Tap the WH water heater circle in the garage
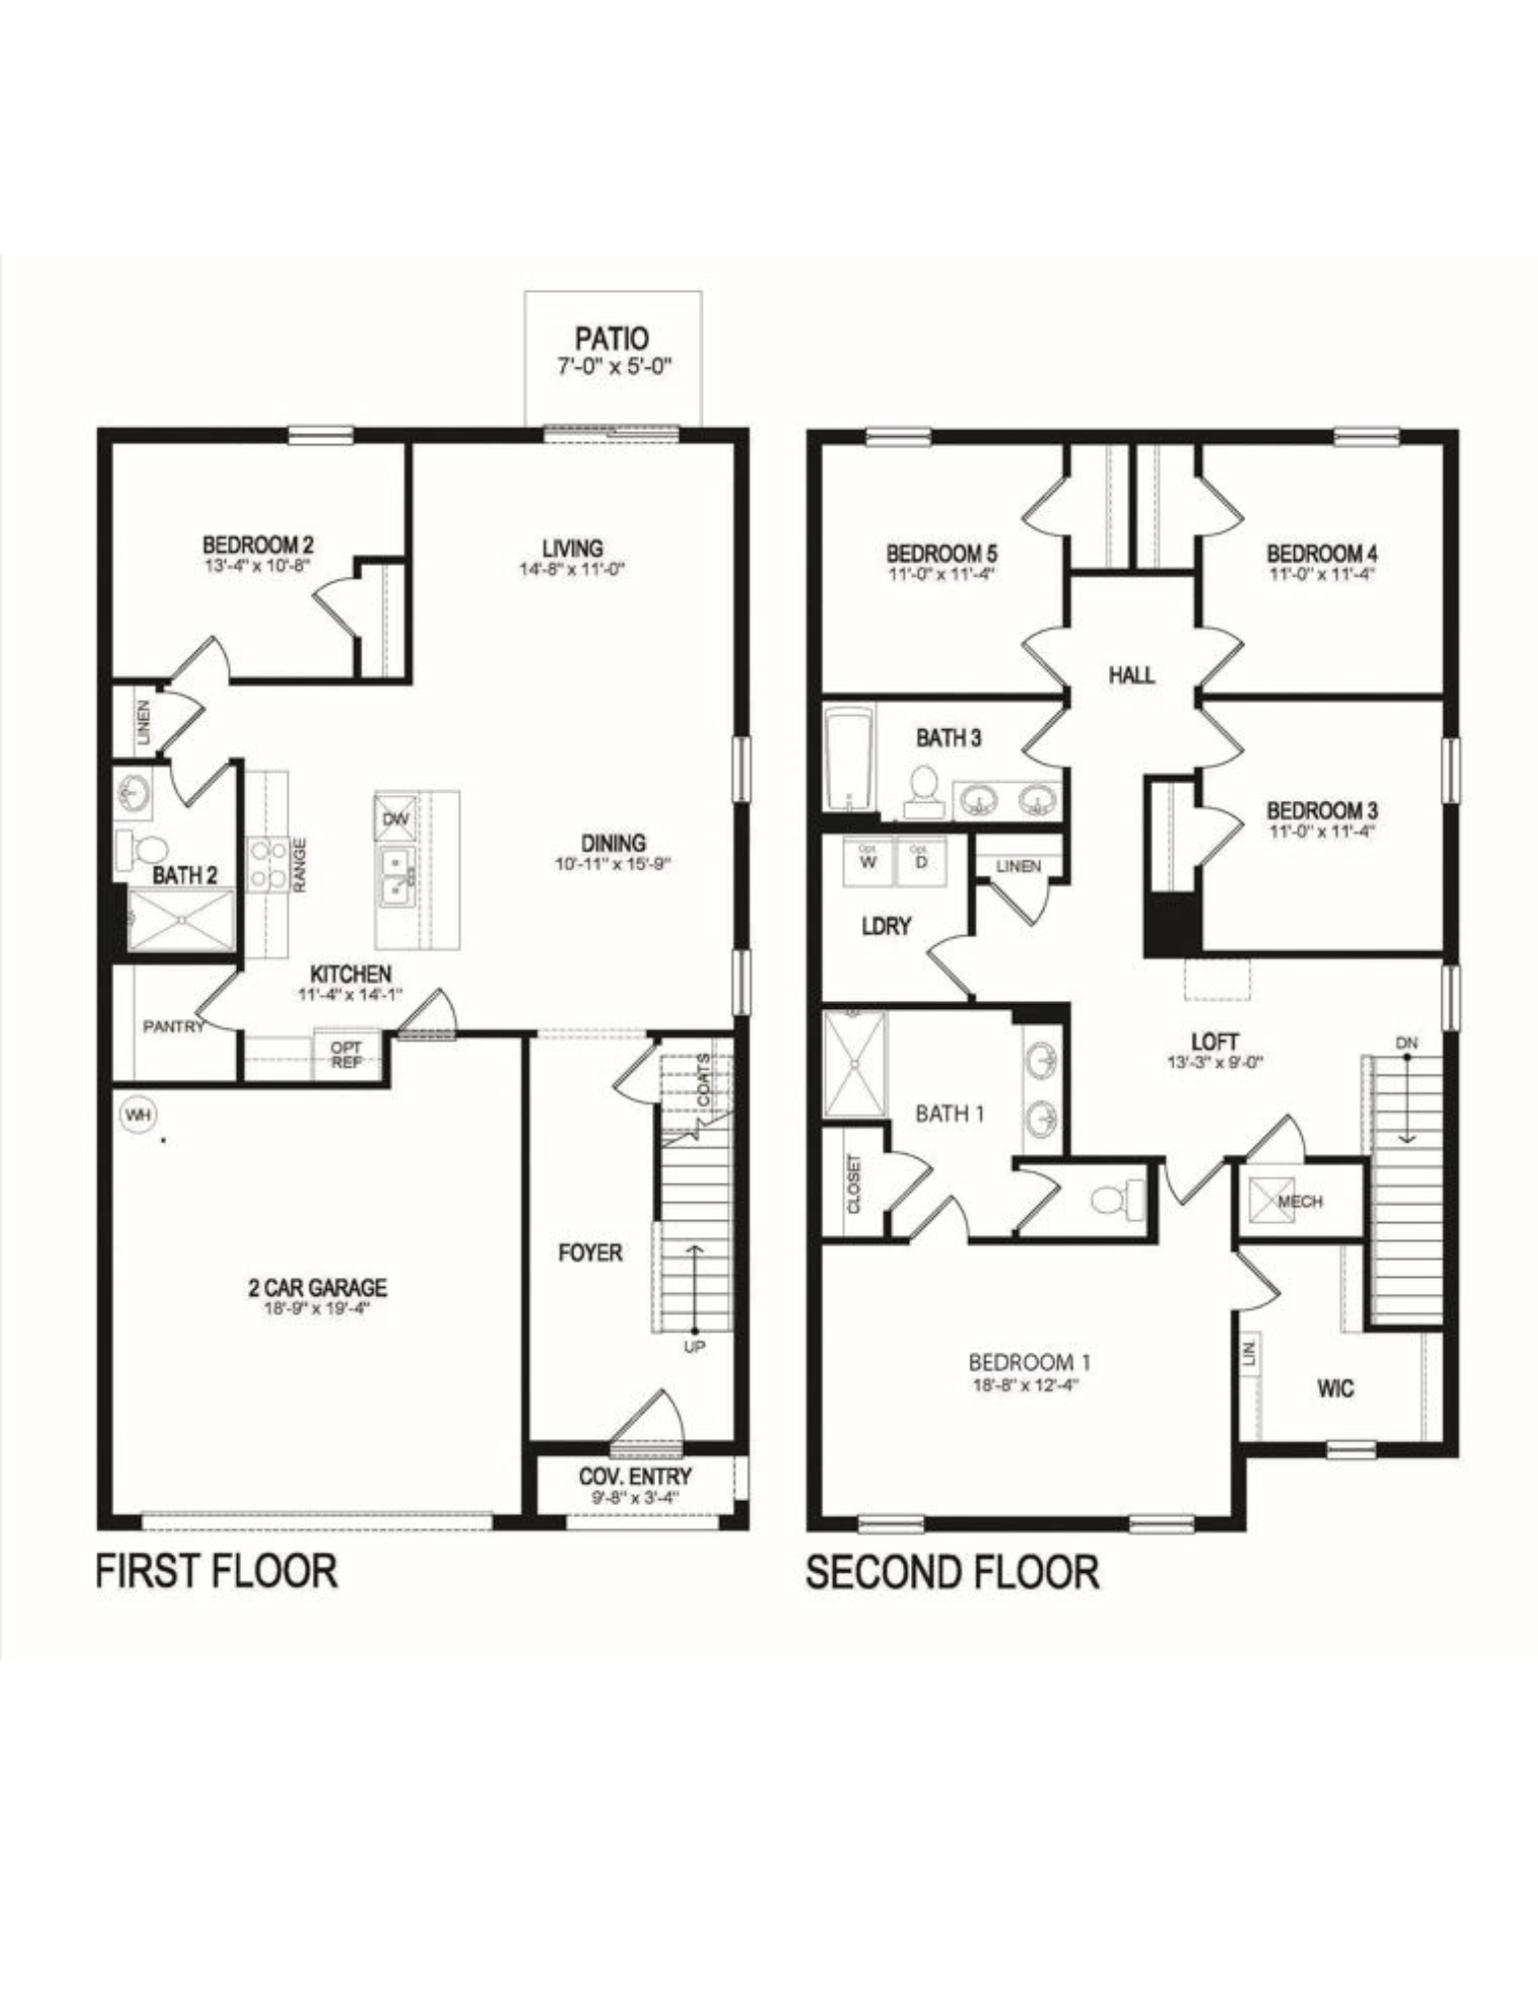click(x=137, y=1116)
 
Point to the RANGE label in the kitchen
click(x=300, y=865)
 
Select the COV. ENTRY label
click(x=635, y=1476)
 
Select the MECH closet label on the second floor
click(x=1299, y=1202)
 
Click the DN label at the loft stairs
click(x=1406, y=1043)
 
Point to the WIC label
click(x=1335, y=1388)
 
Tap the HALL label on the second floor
click(x=1132, y=675)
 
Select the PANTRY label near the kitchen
click(x=172, y=1026)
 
